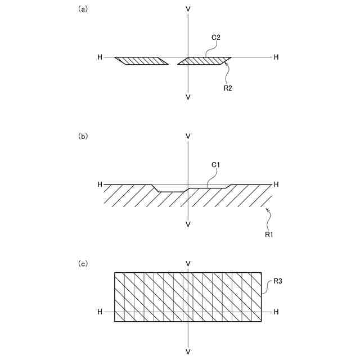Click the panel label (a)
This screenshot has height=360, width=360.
click(x=83, y=9)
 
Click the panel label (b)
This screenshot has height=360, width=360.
click(x=83, y=136)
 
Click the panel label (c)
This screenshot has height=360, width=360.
click(x=83, y=263)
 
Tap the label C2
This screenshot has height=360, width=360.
click(x=215, y=38)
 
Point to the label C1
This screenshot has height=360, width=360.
click(x=215, y=165)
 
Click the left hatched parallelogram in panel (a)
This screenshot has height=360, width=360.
click(x=142, y=61)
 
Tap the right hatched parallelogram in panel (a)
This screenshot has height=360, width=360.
click(x=205, y=61)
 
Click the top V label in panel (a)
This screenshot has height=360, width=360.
click(x=188, y=10)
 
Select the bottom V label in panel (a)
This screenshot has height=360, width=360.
click(x=188, y=97)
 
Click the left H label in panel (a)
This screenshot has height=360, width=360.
click(x=100, y=57)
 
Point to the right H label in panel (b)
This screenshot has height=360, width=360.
click(x=276, y=184)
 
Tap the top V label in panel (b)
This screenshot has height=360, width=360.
click(x=188, y=137)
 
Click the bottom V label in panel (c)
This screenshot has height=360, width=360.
click(x=188, y=352)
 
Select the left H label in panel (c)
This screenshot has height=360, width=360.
click(x=100, y=311)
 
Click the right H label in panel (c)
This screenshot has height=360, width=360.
click(x=276, y=311)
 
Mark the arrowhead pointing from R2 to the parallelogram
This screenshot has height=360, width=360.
click(x=226, y=64)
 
